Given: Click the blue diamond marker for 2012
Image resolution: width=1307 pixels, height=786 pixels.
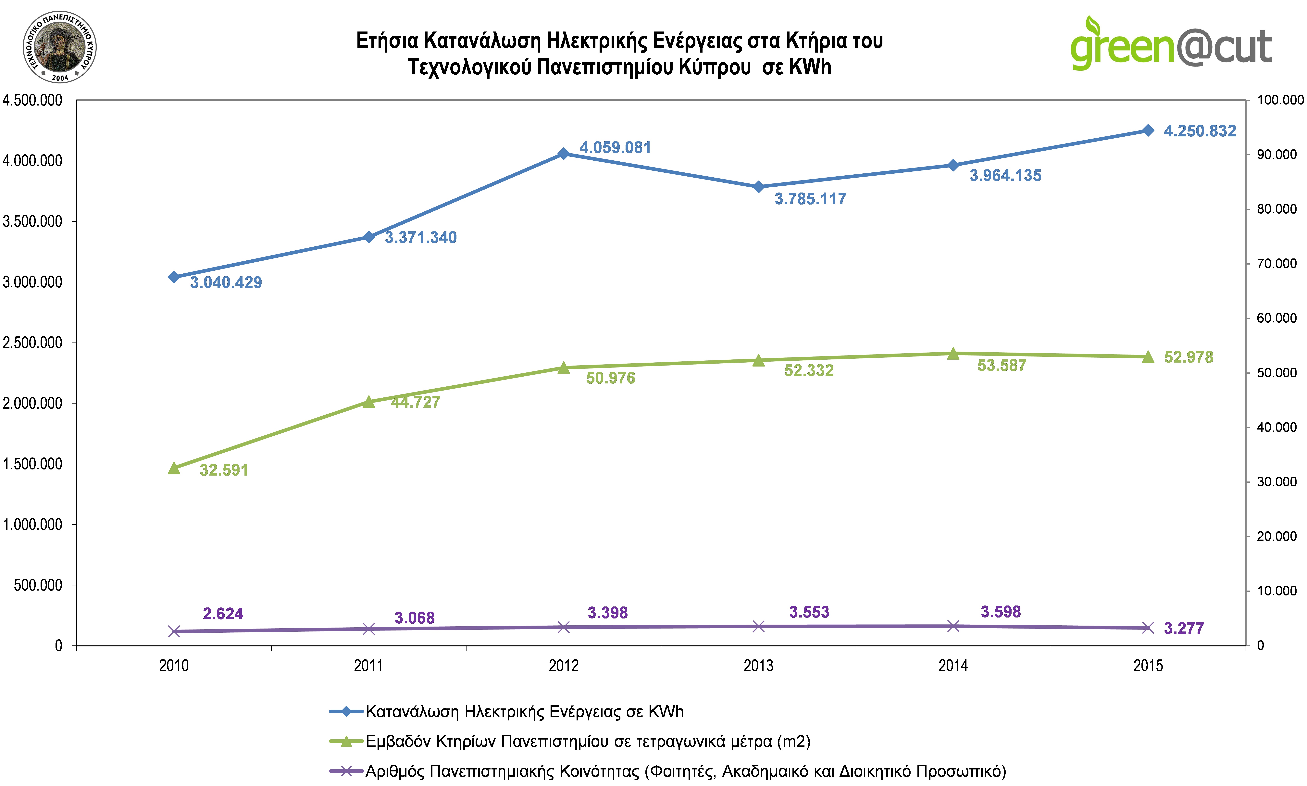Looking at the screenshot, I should point(564,154).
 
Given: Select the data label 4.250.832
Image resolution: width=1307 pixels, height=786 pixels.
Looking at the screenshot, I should point(1200,131).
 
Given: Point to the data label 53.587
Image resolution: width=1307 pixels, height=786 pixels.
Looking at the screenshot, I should point(1002,366).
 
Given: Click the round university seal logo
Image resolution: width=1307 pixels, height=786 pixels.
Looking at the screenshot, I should point(59,47).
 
